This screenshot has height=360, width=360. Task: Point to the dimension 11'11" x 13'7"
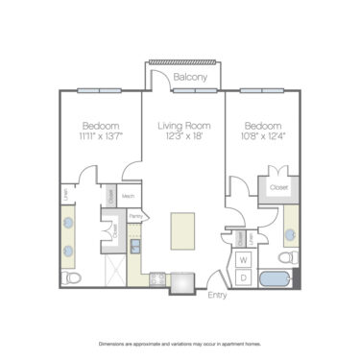[100, 136]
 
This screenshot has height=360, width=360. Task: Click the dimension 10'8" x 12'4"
[262, 136]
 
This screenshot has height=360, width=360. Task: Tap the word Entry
[218, 296]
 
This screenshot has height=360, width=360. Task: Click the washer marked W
[244, 260]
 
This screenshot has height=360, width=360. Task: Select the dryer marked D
[244, 276]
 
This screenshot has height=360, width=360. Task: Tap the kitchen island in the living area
[183, 230]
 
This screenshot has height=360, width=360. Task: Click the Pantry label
[135, 216]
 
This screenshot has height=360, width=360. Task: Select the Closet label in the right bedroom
[279, 187]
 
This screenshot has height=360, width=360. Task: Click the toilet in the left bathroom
[73, 277]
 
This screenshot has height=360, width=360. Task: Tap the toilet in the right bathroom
[287, 257]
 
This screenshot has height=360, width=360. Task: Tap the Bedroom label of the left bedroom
[100, 125]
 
